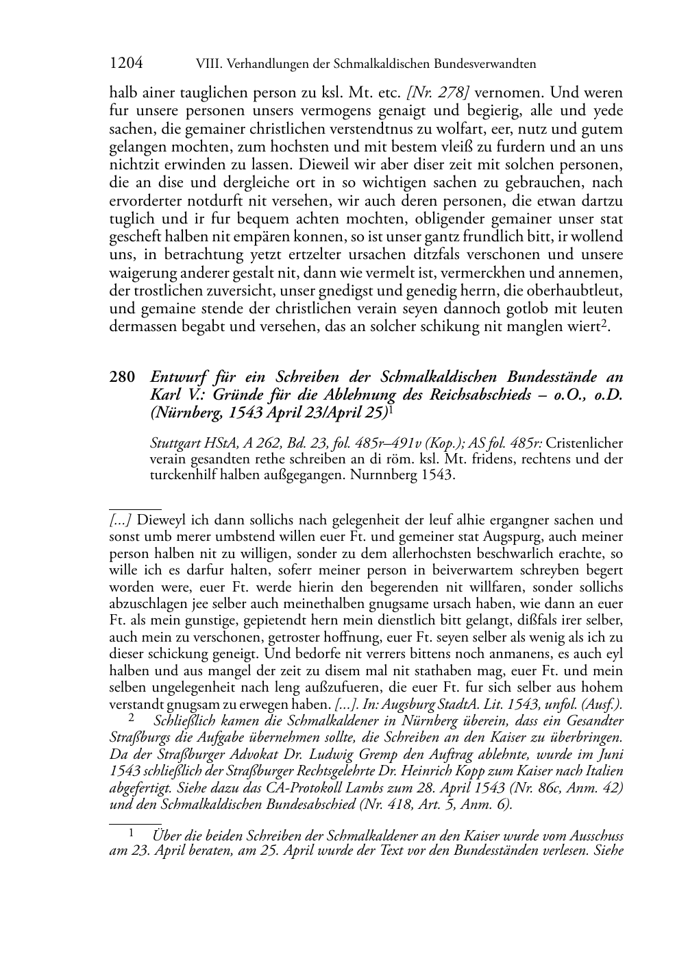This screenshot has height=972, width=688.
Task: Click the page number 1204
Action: point(126,64)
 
